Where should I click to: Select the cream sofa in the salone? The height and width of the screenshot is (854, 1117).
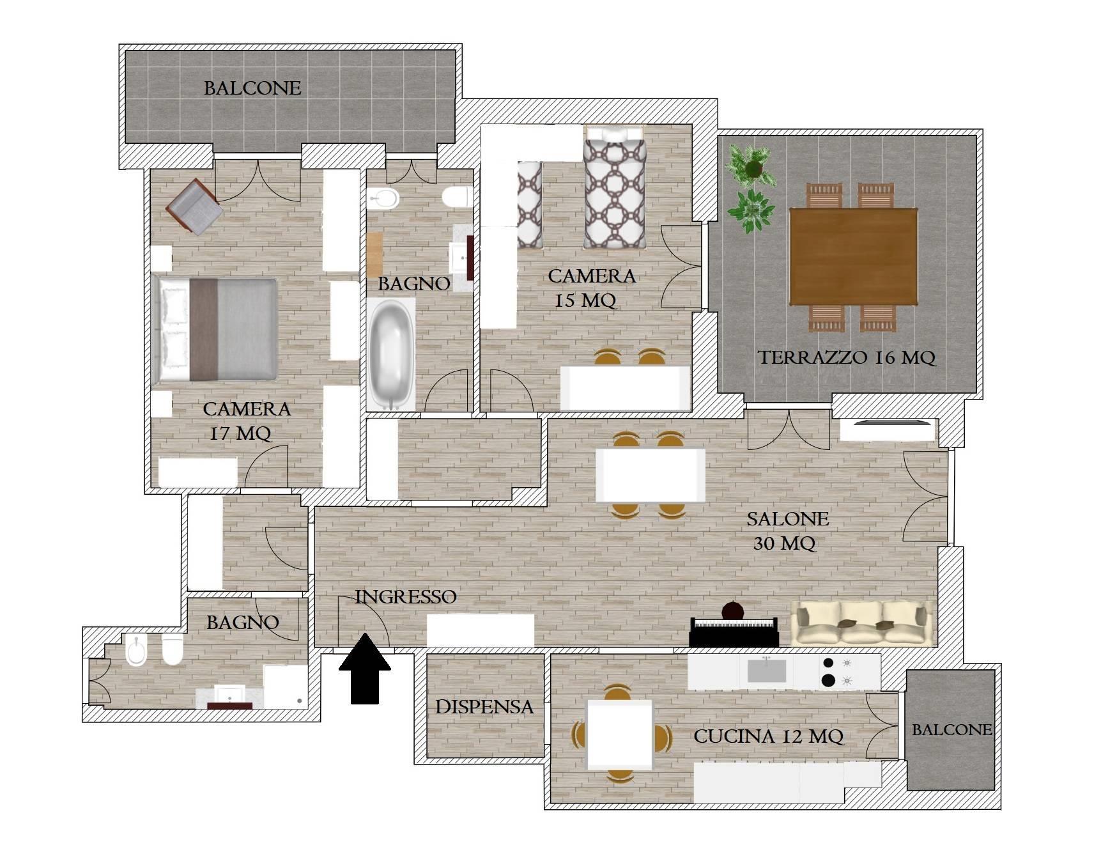[x=861, y=623]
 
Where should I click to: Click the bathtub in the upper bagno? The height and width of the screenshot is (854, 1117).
[x=390, y=356]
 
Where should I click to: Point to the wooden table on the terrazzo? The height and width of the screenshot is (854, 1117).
[x=853, y=257]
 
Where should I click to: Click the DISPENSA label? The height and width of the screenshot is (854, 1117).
[x=484, y=707]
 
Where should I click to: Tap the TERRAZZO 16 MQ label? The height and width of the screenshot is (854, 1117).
[x=847, y=358]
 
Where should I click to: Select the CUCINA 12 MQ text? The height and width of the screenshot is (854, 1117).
[x=769, y=737]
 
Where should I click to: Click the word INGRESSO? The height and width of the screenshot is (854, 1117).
[x=406, y=597]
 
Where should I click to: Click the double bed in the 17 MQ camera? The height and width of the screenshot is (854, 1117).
[x=215, y=330]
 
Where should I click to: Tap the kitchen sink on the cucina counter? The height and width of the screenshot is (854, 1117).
[x=767, y=671]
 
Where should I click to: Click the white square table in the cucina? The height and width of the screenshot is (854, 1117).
[x=620, y=734]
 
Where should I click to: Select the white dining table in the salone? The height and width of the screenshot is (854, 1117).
[x=651, y=475]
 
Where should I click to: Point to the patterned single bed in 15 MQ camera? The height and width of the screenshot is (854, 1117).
[x=614, y=187]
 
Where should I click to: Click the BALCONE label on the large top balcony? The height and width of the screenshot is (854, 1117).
[x=252, y=88]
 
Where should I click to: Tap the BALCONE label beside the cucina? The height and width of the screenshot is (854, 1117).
[x=952, y=730]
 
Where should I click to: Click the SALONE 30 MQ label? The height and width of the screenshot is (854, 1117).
[x=787, y=531]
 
